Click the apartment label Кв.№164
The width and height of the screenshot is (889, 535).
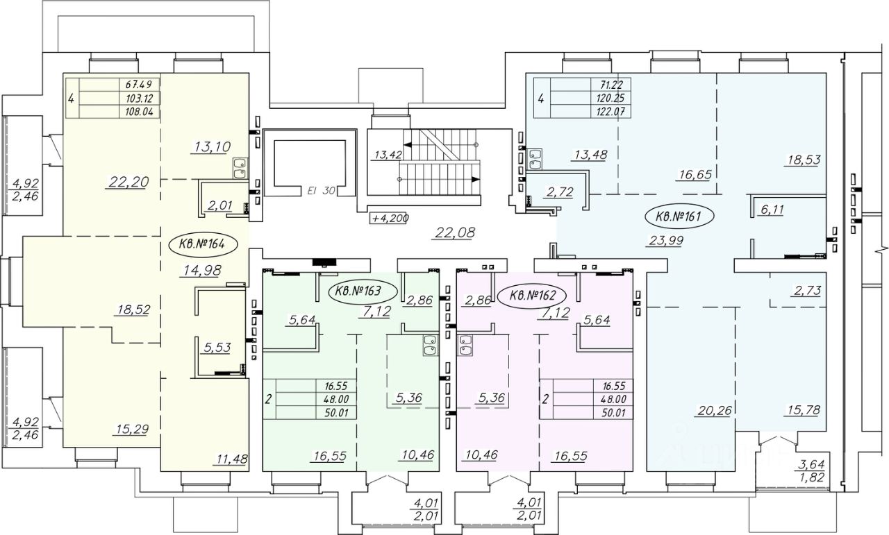coord(199,244)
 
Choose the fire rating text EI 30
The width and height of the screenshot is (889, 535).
coord(322,189)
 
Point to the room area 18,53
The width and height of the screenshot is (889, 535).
coord(804,159)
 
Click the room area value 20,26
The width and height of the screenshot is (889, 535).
coord(713,410)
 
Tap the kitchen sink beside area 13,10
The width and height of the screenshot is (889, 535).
coord(240,168)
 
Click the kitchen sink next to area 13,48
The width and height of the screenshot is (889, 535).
coord(535,160)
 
